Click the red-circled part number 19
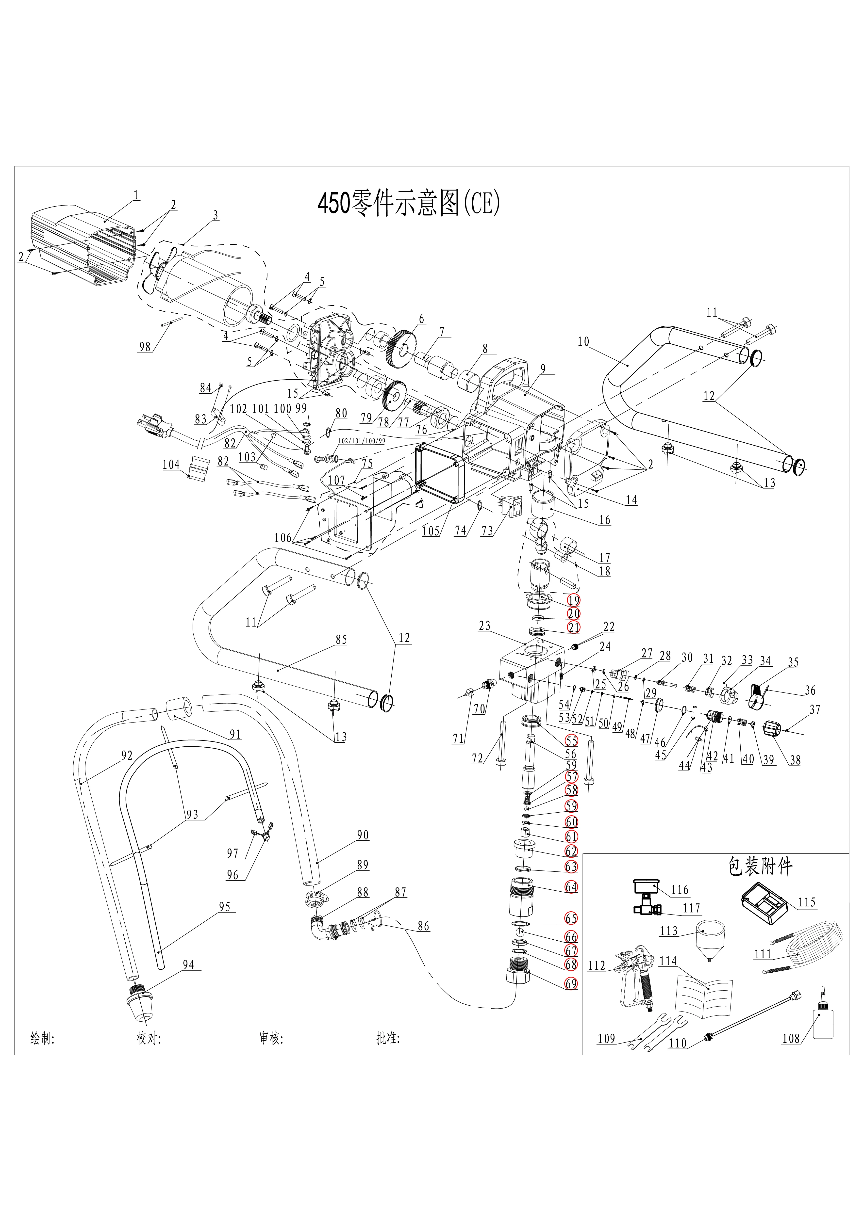click(574, 600)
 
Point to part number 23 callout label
click(484, 626)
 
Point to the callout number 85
click(341, 640)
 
